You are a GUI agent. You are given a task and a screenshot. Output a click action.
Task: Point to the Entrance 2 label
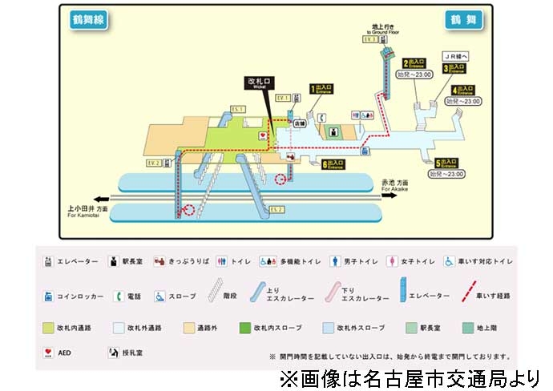coord(416,62)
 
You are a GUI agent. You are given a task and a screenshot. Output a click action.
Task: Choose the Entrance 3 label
coord(454,68)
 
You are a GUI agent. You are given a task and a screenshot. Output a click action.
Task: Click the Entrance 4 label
coord(464,90)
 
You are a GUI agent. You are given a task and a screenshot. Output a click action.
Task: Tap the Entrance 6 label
coord(334,164)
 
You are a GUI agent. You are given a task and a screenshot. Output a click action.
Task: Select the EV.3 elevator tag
coord(369,38)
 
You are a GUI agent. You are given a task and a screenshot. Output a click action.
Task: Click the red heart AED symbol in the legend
coord(48,351)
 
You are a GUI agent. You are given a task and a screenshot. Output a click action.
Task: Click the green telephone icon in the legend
coord(119,296)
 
